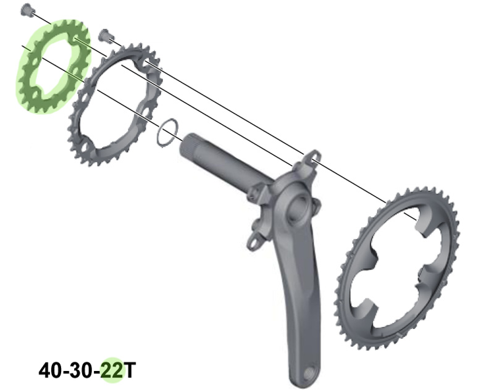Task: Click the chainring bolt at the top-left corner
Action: (26, 10)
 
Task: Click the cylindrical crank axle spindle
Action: (220, 161)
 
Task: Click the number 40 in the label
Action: (50, 370)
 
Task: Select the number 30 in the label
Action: (82, 370)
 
